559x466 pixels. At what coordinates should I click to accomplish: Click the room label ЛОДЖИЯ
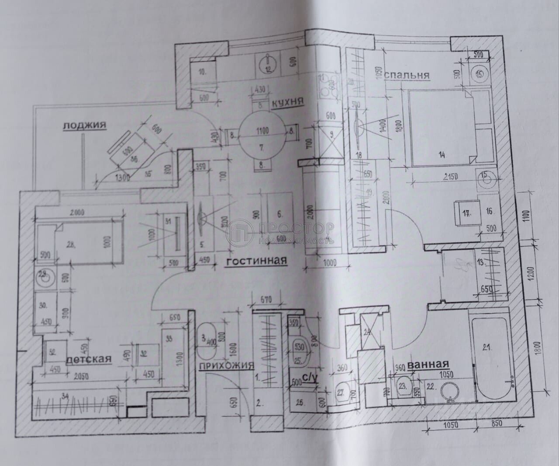click(85, 125)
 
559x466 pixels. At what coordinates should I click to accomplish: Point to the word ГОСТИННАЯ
click(256, 261)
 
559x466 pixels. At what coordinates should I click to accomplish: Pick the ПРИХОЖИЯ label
click(226, 366)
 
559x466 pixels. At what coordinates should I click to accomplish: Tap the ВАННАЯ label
click(429, 364)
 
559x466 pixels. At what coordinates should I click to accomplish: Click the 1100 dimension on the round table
click(262, 130)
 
